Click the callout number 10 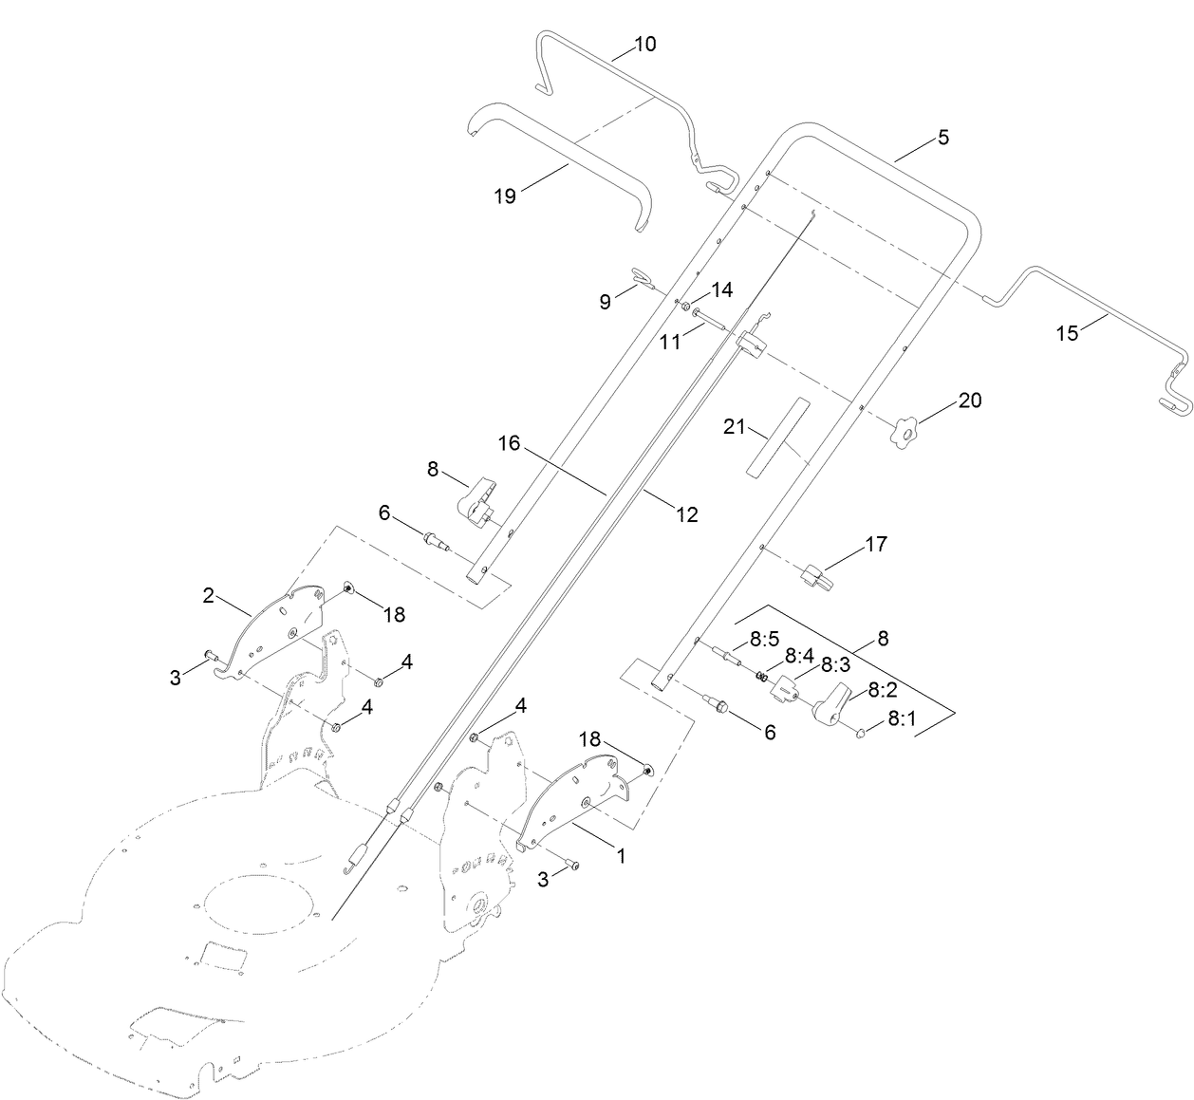pos(644,44)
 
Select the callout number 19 pos(504,196)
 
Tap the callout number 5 pos(942,137)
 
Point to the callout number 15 pos(1068,333)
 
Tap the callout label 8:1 pos(902,719)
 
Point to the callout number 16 pos(510,443)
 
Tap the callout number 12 pos(686,513)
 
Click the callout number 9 pos(605,302)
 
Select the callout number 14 pos(722,289)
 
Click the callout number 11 pos(671,342)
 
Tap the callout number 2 pos(208,596)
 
